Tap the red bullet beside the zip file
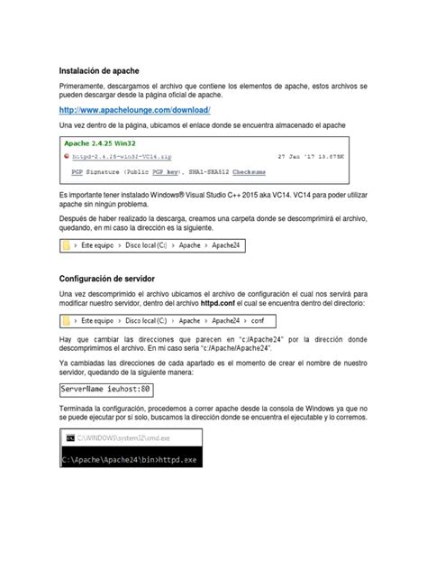66,155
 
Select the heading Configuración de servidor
113,278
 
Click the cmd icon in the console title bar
68,437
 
